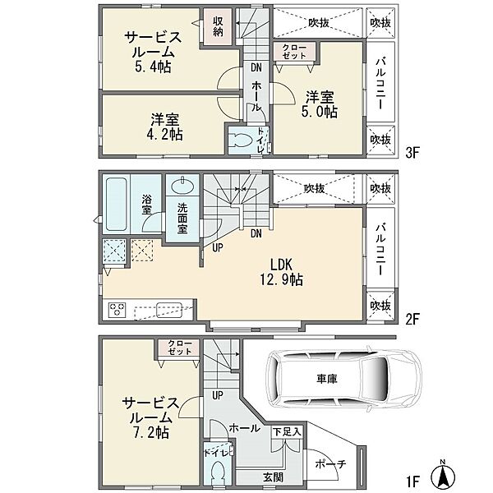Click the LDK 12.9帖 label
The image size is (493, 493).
pyautogui.click(x=284, y=272)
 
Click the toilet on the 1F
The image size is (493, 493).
pyautogui.click(x=219, y=472)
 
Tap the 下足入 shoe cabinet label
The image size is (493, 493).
pyautogui.click(x=288, y=431)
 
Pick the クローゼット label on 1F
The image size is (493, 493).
pyautogui.click(x=179, y=348)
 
